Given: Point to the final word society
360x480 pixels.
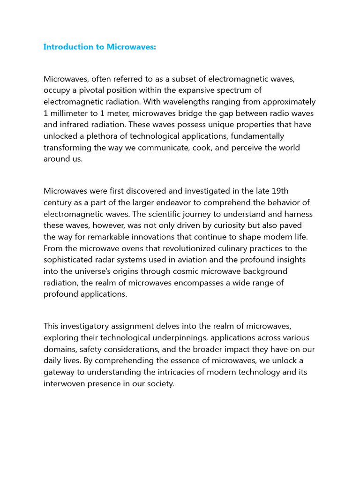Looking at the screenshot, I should tap(159, 383).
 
